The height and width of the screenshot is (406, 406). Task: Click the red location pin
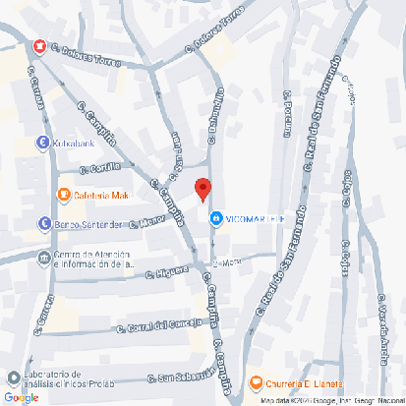pos(203,188)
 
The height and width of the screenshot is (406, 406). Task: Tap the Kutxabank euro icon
pos(43,143)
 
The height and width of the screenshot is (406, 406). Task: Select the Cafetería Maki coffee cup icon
pos(64,194)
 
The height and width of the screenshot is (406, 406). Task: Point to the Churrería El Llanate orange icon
pos(256,382)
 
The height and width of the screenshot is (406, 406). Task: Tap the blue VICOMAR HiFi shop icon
pos(215,216)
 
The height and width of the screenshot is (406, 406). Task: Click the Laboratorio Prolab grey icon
pos(12,378)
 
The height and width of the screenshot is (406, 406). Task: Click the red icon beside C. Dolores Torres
pos(39,46)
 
